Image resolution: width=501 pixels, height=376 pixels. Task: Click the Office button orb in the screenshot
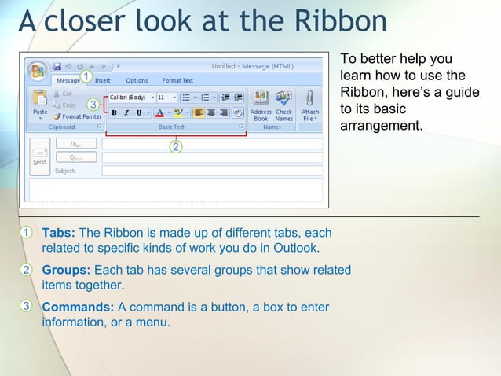point(37,71)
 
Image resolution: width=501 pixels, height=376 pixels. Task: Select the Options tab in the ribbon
point(137,80)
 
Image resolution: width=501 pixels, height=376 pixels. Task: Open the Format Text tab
point(177,80)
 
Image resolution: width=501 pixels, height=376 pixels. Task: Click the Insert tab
point(103,80)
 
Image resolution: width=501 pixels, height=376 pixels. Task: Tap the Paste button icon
point(39,99)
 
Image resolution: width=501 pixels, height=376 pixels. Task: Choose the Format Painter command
point(76,116)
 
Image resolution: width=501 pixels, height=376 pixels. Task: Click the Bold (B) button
point(114,112)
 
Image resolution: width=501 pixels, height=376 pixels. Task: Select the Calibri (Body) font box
point(128,98)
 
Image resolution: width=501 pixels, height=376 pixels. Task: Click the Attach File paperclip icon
point(310,99)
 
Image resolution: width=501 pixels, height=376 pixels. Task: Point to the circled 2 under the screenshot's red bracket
point(176,146)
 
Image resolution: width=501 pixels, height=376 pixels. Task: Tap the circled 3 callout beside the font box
point(93,104)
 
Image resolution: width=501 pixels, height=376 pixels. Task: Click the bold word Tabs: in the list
point(58,233)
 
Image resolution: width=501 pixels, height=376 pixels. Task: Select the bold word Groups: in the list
point(66,270)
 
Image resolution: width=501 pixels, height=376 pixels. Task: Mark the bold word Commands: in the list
point(78,307)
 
